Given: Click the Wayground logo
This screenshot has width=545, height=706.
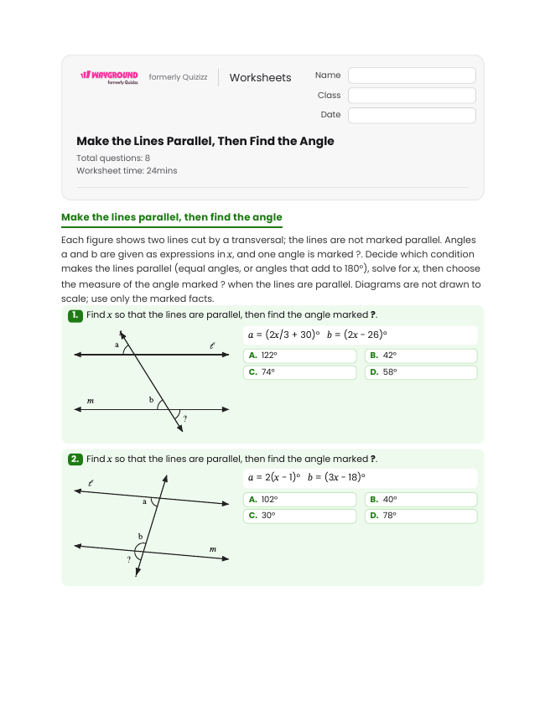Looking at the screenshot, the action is (109, 77).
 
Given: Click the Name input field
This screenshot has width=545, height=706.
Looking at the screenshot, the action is (412, 75).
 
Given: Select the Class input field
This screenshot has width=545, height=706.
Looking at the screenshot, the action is (412, 96).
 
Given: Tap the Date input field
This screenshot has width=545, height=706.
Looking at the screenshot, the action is (412, 115).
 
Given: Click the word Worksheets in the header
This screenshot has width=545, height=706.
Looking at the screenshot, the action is (260, 77).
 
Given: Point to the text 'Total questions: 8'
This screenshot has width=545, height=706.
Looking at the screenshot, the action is (113, 158).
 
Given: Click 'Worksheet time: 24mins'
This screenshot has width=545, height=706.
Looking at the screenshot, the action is (127, 171).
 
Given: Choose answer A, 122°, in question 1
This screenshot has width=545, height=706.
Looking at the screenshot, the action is (300, 356).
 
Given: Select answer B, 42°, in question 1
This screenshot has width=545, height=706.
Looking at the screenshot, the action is (421, 356).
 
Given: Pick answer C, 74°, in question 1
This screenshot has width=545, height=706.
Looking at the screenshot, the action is (300, 372).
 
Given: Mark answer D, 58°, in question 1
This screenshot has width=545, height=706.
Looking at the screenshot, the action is (421, 372).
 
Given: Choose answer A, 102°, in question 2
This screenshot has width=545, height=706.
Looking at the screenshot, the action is (300, 500).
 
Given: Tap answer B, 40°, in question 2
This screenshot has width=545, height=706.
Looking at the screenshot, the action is (421, 500).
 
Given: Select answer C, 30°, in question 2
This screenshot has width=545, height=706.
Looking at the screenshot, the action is (300, 516).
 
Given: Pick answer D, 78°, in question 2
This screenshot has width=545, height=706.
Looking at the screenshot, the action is (421, 516).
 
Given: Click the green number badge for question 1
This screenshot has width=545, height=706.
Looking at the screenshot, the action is (75, 315).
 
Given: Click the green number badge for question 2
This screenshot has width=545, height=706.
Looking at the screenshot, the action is (75, 459).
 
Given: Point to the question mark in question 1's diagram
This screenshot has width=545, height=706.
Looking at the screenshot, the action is (184, 418).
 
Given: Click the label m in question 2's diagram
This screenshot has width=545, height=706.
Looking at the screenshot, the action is (213, 549).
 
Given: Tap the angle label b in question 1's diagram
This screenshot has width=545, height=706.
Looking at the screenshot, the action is (151, 400).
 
